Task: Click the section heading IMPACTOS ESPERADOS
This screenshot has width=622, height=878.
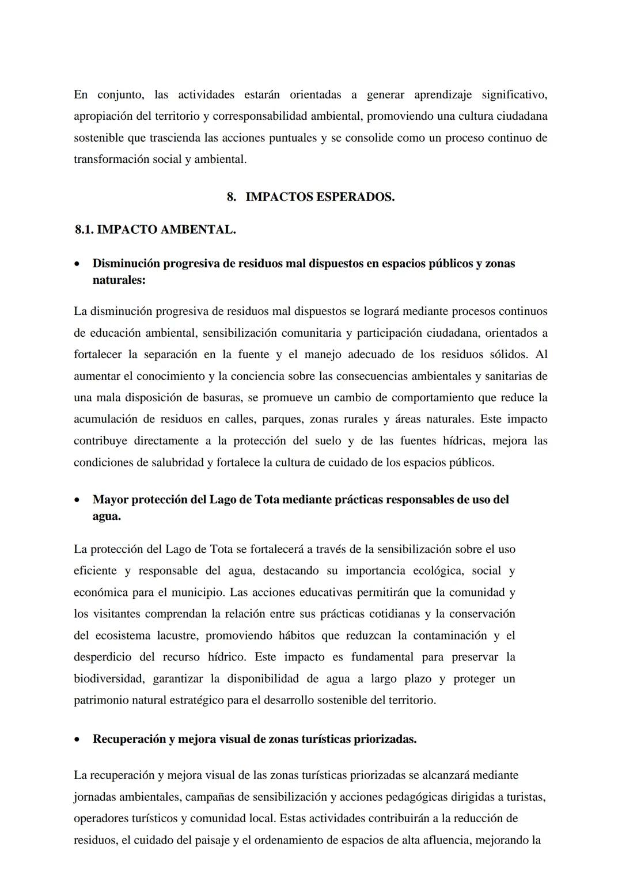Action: coord(320,197)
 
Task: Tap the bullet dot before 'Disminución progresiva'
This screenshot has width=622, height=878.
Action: coord(77,264)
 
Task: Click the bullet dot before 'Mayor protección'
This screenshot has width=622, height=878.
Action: coord(77,500)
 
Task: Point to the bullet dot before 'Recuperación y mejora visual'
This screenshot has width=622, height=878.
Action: coord(77,740)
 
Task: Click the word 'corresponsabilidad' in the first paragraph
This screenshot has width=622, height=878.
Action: coord(260,116)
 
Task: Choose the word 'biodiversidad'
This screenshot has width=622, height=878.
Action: coord(108,679)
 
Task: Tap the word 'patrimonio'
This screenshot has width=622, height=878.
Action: coord(100,701)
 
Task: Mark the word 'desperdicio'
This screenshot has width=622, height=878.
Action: coord(102,657)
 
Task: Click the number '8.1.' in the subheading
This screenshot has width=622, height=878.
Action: coord(84,230)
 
